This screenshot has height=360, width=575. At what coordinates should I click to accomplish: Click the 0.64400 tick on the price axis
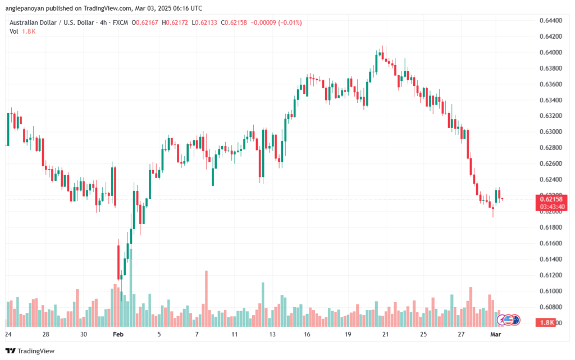tap(549, 21)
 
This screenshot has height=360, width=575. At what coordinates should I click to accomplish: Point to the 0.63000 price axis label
tap(549, 132)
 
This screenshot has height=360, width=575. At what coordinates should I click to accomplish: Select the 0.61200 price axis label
tap(549, 275)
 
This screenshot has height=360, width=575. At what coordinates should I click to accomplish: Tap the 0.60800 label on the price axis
tap(549, 307)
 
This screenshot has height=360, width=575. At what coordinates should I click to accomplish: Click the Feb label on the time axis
tap(118, 334)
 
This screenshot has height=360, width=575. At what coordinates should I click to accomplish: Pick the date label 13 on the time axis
tap(272, 334)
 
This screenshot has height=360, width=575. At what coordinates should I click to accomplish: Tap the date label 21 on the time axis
tap(386, 334)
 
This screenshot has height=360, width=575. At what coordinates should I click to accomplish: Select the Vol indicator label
tap(13, 31)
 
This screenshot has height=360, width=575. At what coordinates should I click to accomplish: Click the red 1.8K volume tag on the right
tap(547, 322)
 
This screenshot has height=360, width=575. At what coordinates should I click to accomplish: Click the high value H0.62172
tap(177, 22)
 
